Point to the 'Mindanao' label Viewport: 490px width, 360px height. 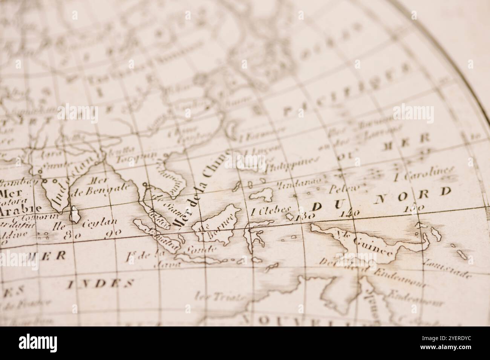[x=299, y=183]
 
